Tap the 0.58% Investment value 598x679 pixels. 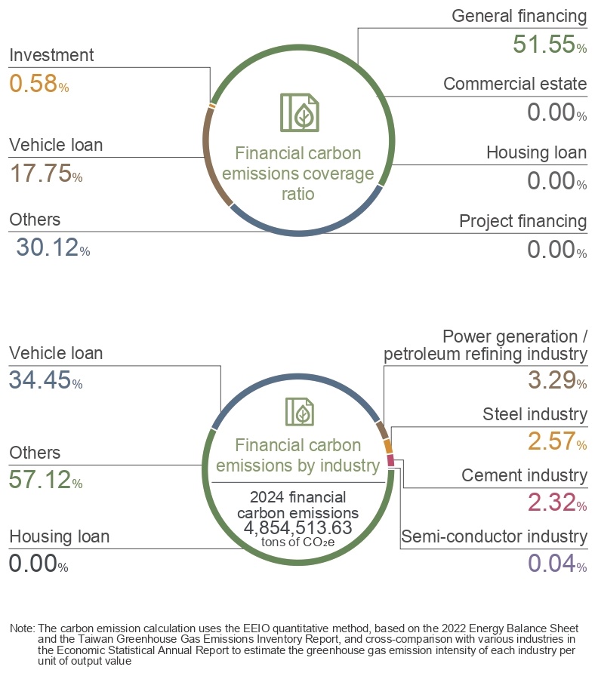click(39, 82)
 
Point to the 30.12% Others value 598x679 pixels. click(52, 247)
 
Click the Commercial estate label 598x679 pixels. click(515, 84)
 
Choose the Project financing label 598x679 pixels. click(522, 221)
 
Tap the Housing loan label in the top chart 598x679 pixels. click(536, 152)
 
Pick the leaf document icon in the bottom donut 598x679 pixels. click(300, 412)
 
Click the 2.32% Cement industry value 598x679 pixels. click(555, 501)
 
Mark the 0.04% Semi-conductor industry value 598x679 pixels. click(555, 562)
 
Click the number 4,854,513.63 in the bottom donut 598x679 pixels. click(298, 527)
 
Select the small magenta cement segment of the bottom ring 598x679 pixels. click(390, 460)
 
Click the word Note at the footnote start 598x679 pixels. click(21, 628)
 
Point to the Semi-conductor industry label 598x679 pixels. click(494, 536)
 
